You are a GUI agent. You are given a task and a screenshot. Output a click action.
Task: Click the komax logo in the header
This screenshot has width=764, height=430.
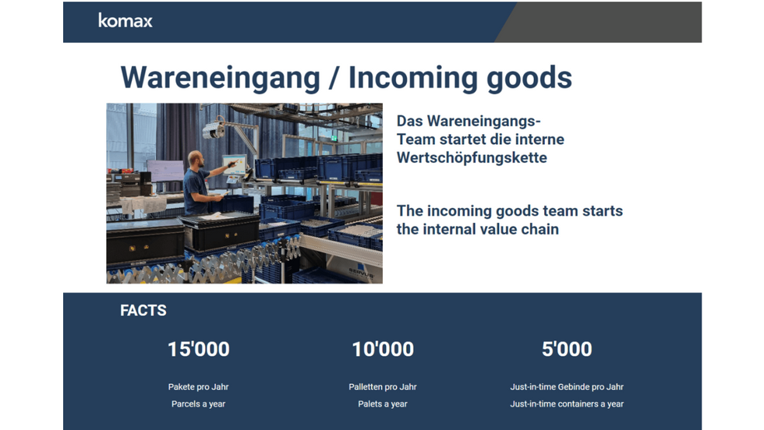pos(126,21)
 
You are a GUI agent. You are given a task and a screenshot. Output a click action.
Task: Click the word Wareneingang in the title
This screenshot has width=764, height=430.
pos(220,78)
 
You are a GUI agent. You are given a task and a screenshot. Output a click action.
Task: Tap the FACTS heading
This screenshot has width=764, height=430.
pos(143,310)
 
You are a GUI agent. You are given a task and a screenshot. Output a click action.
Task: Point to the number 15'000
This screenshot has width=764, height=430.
pos(198,349)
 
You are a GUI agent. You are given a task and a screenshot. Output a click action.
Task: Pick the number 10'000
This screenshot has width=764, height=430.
pos(383,349)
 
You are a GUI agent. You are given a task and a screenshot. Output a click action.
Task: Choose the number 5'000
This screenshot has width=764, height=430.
pos(567,349)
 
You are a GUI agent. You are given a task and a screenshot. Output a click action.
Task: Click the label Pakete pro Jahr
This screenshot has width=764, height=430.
pos(198,387)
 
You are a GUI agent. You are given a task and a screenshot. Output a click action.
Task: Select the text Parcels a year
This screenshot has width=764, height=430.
pos(198,404)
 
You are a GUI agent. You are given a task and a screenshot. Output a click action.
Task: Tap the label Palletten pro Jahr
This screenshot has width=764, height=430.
pos(383,387)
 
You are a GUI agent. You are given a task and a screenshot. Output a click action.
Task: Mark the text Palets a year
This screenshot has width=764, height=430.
pos(383,404)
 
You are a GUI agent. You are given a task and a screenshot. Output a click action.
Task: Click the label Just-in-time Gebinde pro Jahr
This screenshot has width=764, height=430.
pos(567,387)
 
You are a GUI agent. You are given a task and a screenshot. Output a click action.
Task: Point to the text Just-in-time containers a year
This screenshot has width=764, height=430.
pos(567,404)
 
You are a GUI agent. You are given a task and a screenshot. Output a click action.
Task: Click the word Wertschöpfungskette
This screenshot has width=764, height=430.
pos(472,158)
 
